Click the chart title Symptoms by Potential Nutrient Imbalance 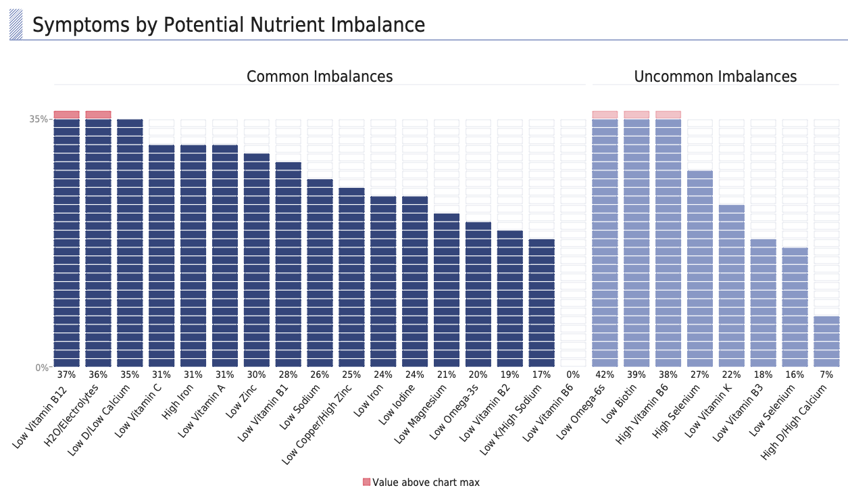228,25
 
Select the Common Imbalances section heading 320,76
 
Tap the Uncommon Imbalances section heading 715,76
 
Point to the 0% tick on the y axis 41,368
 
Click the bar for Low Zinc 257,260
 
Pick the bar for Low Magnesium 447,291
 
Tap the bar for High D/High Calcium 826,341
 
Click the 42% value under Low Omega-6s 605,374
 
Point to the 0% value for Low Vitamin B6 573,374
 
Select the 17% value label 541,374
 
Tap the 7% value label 826,374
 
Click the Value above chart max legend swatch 367,482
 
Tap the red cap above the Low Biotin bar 637,115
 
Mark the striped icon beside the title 16,24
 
